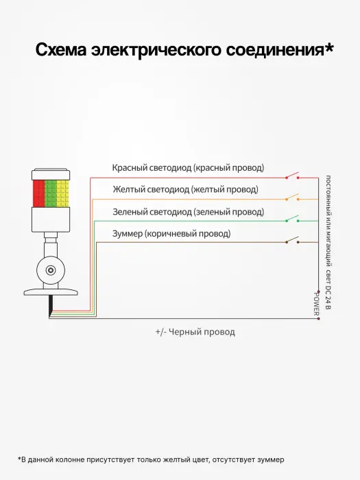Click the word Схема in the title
point(61,49)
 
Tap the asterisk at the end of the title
point(329,47)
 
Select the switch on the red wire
point(292,176)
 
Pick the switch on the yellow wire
point(292,197)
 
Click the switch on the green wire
point(292,219)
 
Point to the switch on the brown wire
point(292,240)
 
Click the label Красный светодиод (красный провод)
point(188,168)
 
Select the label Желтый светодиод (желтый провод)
point(186,189)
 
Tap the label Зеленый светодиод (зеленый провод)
point(189,212)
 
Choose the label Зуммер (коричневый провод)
point(171,234)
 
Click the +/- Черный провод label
point(195,332)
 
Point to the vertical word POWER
point(316,304)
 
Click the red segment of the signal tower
point(39,193)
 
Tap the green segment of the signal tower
point(51,193)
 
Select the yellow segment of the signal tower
point(63,193)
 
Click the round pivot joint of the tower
point(51,270)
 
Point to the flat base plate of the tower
point(51,292)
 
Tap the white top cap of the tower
point(51,174)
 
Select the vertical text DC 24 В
point(328,297)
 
